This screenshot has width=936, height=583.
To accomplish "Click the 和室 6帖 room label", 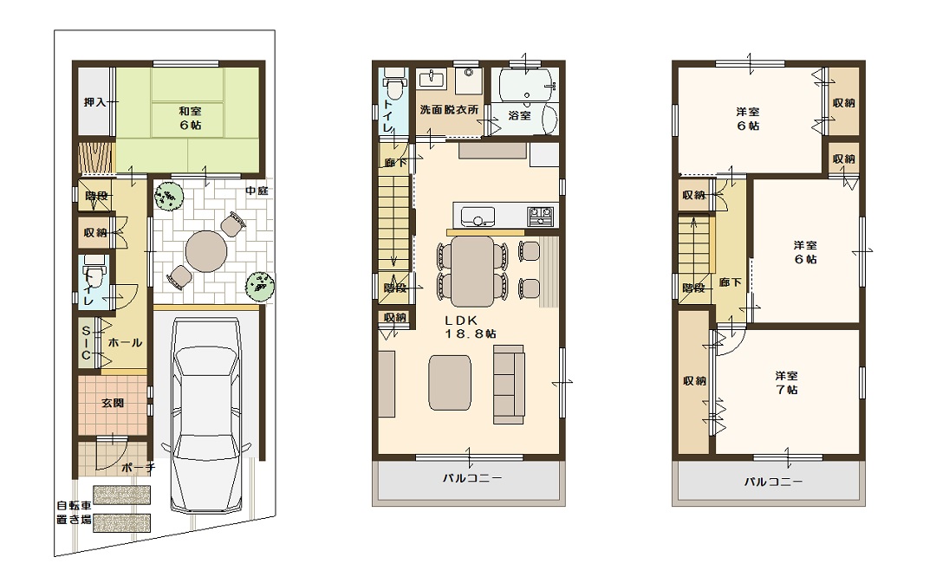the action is click(x=191, y=118).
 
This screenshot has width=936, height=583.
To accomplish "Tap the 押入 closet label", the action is click(x=95, y=102).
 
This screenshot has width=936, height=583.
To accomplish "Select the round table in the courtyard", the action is click(x=206, y=251).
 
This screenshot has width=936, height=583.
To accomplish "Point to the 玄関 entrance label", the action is click(x=112, y=403).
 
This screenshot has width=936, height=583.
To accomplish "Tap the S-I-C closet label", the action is click(x=86, y=343).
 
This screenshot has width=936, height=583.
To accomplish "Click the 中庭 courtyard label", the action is click(x=257, y=191).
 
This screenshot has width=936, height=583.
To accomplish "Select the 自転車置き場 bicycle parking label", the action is click(x=74, y=513).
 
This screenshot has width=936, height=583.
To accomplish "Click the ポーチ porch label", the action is click(x=138, y=468).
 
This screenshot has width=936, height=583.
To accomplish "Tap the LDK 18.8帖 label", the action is click(x=471, y=327).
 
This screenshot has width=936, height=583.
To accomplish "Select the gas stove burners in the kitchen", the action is click(x=540, y=216).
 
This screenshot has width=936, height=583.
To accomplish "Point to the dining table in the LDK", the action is click(x=472, y=271).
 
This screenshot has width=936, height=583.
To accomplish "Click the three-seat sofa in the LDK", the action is click(x=509, y=385).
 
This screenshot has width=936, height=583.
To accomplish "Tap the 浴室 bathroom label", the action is click(x=519, y=115).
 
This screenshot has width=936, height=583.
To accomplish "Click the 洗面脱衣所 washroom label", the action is click(x=449, y=109).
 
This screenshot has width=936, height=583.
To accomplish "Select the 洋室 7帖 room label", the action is click(x=787, y=383).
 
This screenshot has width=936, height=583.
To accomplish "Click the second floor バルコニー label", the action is click(x=471, y=478).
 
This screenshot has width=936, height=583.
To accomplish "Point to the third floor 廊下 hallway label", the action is click(x=730, y=282).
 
